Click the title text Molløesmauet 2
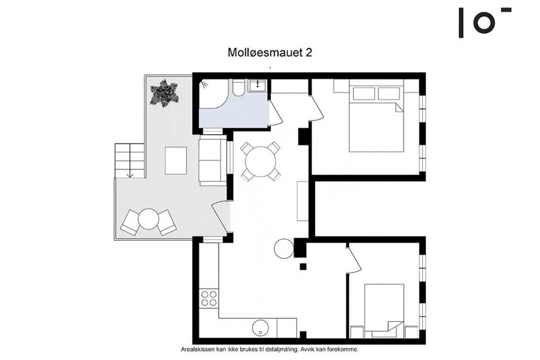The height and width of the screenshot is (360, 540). coord(270,52)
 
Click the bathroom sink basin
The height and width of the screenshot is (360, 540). coord(257,84)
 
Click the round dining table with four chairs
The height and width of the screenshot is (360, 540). coord(260,161)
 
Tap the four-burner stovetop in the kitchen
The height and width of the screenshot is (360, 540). coord(209,298)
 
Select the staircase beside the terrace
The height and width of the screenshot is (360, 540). coord(129,160)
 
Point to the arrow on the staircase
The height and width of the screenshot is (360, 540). coord(130,160)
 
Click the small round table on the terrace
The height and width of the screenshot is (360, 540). coord(148,219)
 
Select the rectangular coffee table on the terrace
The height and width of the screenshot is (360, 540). coord(176,160)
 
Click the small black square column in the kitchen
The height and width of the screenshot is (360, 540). coord(302,266)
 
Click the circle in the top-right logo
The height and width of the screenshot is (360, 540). coord(484,22)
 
